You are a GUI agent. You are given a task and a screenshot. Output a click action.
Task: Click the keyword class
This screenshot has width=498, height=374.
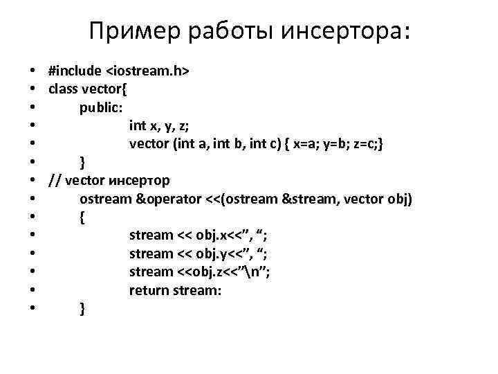63,89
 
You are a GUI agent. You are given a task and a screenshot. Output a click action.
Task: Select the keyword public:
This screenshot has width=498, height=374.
101,107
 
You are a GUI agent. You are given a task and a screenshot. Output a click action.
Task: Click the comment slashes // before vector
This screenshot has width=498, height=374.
54,181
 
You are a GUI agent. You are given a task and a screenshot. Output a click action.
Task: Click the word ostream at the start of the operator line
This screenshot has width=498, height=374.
105,199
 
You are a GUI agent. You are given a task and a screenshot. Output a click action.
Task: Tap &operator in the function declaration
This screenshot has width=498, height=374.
168,199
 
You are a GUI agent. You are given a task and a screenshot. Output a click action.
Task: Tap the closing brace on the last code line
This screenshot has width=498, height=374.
83,309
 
